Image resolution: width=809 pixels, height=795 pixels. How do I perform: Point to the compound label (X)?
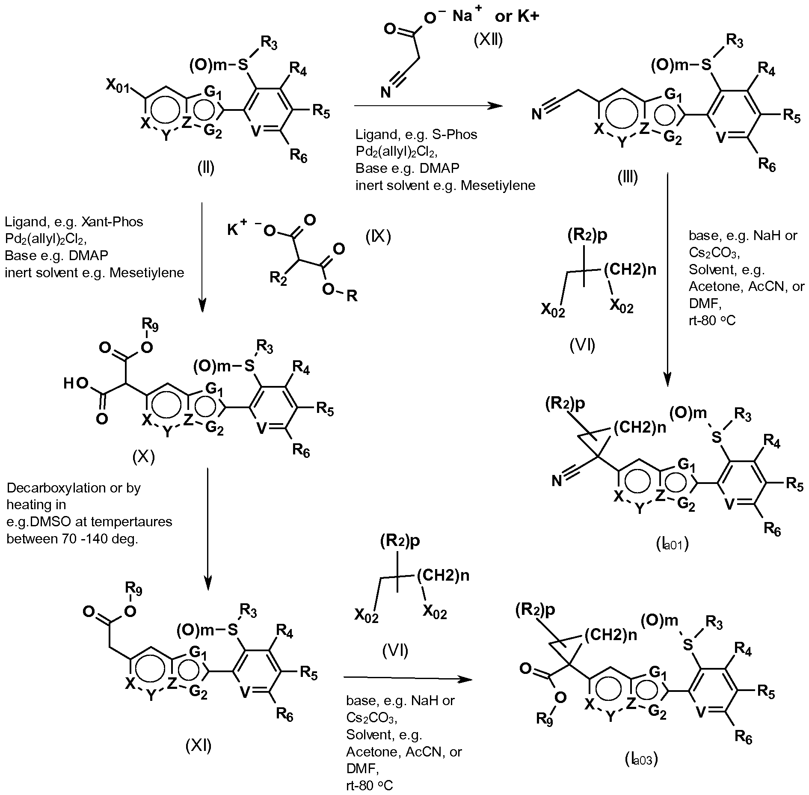(x=143, y=457)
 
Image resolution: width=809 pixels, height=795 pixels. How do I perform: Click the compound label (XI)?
(x=198, y=746)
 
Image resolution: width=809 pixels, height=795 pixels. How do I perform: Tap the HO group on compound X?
(x=74, y=383)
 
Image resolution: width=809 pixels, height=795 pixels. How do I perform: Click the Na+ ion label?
(x=467, y=17)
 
